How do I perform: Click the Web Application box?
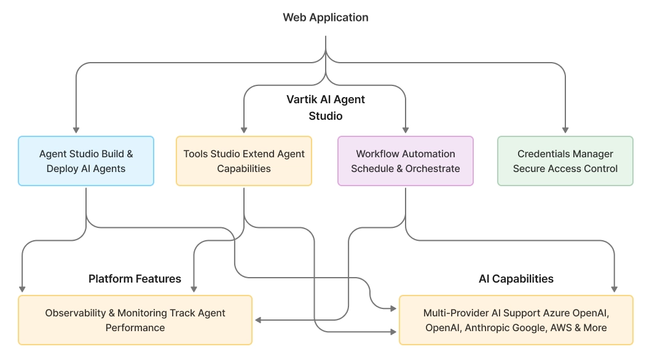coord(326,17)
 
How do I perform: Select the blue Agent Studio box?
coord(86,161)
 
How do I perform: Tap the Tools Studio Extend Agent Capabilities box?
coord(244,161)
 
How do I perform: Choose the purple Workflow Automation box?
coord(406,161)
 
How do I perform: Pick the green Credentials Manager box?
coord(565,161)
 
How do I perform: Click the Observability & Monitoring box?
coord(135,320)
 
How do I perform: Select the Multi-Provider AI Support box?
coord(516,320)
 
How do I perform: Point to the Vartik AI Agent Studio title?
coord(326,108)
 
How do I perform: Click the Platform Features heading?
coord(135,279)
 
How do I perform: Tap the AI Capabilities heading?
coord(516,279)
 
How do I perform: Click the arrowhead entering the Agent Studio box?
coord(76,130)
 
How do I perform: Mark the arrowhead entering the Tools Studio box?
coord(244,130)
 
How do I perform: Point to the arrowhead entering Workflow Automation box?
coord(406,130)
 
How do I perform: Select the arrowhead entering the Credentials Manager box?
coord(565,130)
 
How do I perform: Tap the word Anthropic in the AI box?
coord(488,328)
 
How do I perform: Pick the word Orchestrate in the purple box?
coord(433,168)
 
